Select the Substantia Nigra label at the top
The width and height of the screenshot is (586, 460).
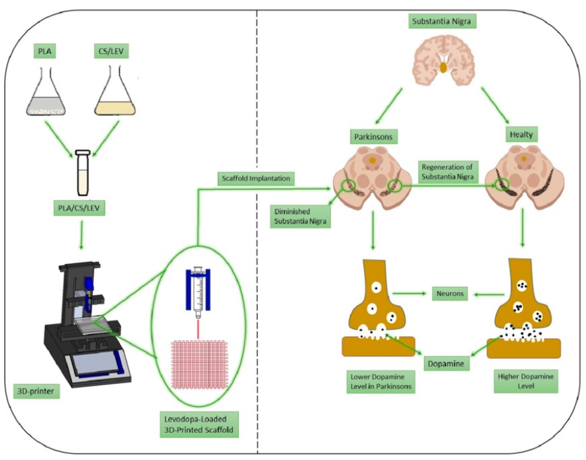tap(444, 21)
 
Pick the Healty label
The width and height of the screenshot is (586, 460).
tap(524, 135)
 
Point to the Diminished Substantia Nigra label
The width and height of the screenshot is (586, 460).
tap(301, 216)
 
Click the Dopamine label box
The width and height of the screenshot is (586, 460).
tap(446, 364)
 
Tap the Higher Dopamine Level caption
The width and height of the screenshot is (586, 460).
tap(523, 381)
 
